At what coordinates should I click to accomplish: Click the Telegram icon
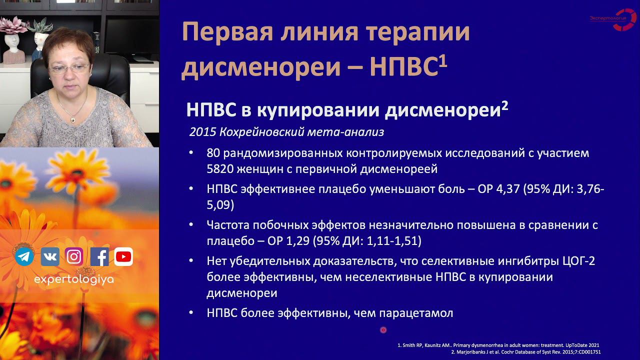[24, 256]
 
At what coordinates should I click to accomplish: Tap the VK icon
[49, 256]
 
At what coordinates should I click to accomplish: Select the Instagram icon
[74, 256]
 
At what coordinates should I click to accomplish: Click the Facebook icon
[99, 256]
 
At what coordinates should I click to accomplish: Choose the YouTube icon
[123, 256]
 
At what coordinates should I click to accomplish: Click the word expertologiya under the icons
[73, 280]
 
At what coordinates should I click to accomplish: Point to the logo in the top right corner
[612, 19]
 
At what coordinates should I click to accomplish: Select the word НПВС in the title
[403, 68]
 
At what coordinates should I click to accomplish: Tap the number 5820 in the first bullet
[223, 169]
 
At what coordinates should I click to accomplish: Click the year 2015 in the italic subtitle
[202, 132]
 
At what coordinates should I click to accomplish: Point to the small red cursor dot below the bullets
[383, 330]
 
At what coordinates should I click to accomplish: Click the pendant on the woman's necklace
[73, 119]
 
